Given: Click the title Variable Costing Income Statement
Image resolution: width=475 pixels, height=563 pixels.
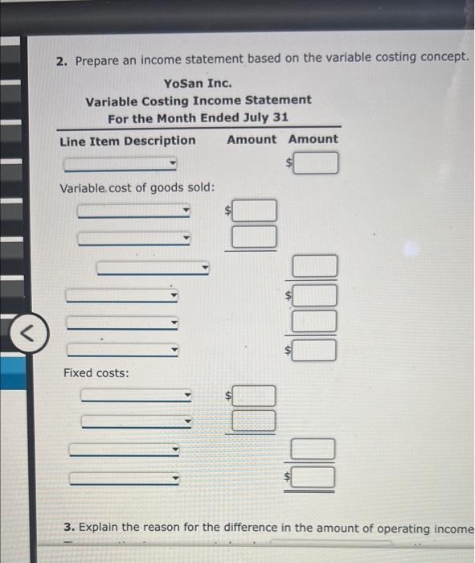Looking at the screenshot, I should click(199, 101).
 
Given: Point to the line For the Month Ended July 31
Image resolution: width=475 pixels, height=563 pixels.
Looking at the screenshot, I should click(198, 117).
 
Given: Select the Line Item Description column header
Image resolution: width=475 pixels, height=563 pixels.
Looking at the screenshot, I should click(127, 140).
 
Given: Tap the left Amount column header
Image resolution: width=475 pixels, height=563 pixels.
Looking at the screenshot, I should click(251, 139).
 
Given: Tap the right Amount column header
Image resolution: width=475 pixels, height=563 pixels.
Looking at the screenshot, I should click(313, 139).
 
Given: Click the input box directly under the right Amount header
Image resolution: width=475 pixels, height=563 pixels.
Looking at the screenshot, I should click(318, 165).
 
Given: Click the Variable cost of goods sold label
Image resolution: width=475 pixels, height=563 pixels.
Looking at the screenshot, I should click(137, 187).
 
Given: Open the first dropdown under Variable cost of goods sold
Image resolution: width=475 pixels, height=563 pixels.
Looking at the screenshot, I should click(134, 212).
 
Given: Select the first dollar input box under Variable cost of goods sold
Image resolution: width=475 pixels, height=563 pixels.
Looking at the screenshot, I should click(255, 212).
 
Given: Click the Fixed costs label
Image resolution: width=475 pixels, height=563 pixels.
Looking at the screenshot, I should click(96, 373).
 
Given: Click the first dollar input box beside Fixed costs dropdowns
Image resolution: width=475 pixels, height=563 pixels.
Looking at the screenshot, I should click(255, 396).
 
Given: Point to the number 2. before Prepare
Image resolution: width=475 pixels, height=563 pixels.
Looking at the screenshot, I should click(62, 61).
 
